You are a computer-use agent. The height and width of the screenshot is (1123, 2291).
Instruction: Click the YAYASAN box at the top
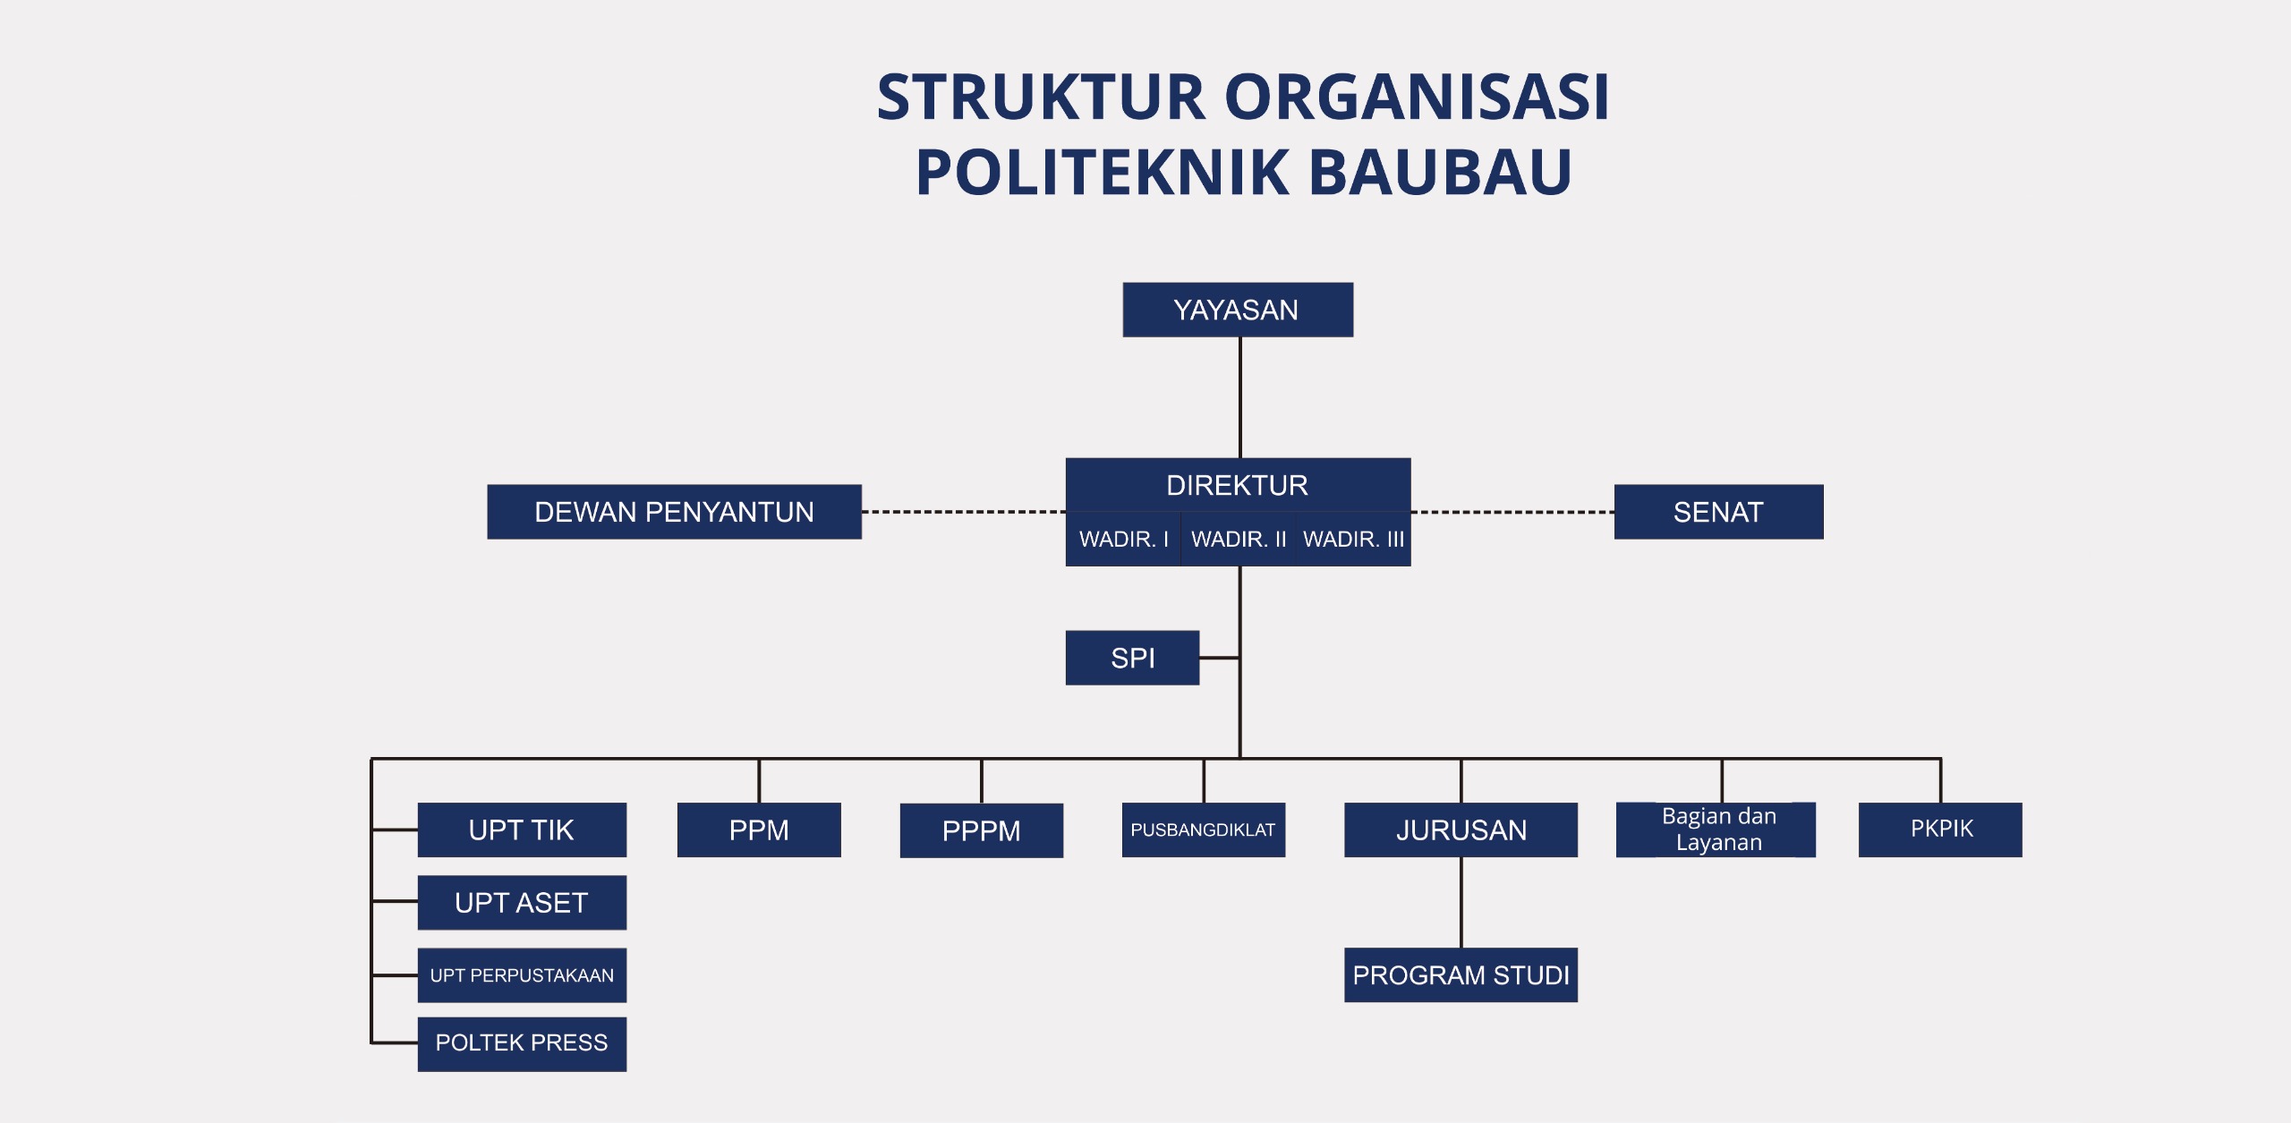click(x=1237, y=310)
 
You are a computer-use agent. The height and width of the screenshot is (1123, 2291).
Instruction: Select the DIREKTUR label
click(x=1237, y=485)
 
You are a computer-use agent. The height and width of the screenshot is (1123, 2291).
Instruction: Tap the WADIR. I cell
click(x=1123, y=539)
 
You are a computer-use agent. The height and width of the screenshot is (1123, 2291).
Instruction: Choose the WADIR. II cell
click(x=1239, y=539)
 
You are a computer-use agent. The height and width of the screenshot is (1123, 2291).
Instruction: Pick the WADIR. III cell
click(x=1353, y=539)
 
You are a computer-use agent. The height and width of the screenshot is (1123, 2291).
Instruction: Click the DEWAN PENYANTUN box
click(x=674, y=512)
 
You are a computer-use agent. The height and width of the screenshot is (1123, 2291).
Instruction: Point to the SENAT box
click(x=1718, y=512)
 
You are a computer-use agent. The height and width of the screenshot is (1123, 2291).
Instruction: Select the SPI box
click(x=1132, y=658)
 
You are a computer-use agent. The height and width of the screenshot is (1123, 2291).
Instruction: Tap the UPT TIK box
click(x=522, y=829)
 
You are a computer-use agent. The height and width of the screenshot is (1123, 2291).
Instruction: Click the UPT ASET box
click(x=522, y=902)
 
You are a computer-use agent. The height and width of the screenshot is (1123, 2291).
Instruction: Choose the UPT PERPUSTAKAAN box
click(x=522, y=975)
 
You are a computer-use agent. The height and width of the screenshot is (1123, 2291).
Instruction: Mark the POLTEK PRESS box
click(x=522, y=1043)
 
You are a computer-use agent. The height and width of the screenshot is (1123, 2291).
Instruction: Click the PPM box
click(x=759, y=829)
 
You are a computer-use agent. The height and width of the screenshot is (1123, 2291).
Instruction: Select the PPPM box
click(x=981, y=830)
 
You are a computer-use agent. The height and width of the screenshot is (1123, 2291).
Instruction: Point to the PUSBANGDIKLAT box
click(x=1203, y=829)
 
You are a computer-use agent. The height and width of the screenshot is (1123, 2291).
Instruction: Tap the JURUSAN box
click(x=1461, y=829)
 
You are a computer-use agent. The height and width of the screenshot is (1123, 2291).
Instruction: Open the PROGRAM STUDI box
click(x=1461, y=974)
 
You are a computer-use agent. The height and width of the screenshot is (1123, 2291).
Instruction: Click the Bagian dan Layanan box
click(x=1718, y=829)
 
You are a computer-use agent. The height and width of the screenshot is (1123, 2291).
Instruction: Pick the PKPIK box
click(x=1940, y=829)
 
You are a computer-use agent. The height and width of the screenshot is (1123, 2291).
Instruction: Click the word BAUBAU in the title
click(x=1441, y=172)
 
